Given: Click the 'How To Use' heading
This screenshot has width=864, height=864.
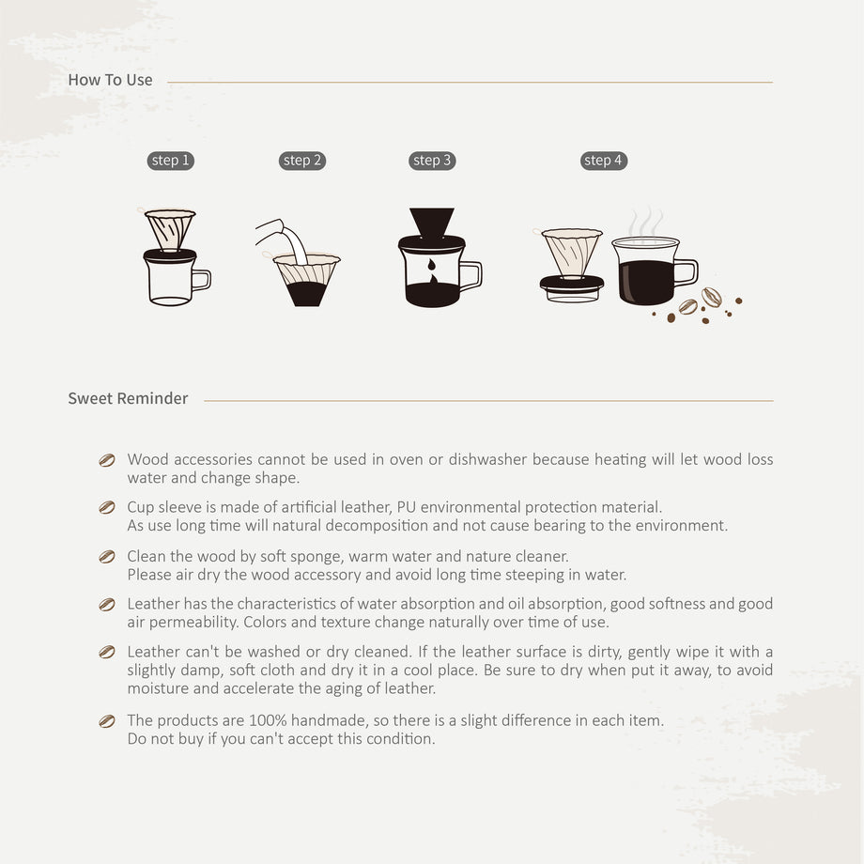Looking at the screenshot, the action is (110, 80).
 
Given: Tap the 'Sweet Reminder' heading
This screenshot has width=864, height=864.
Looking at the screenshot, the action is (128, 398).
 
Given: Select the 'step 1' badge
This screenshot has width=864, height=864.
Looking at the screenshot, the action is (170, 161).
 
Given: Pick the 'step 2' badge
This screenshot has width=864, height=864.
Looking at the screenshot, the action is (302, 161).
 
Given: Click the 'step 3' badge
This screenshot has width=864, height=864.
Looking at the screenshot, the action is (432, 161).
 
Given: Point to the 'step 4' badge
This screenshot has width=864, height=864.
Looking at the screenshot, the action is (603, 161).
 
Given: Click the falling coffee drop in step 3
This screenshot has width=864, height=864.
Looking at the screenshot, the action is (431, 265).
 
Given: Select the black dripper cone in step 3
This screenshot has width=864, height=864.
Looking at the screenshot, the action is (432, 223).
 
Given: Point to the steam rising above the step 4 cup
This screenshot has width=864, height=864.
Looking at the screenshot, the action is (646, 222).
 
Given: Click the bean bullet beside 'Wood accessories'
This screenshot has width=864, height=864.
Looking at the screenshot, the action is (107, 460).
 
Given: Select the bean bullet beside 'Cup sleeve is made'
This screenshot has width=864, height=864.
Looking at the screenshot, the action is (107, 507).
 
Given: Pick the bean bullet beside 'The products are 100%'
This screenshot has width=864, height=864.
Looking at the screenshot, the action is (107, 721).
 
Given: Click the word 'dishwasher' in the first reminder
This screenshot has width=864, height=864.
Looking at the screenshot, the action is (487, 459).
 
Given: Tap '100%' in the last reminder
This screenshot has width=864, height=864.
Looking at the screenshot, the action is (268, 720).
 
